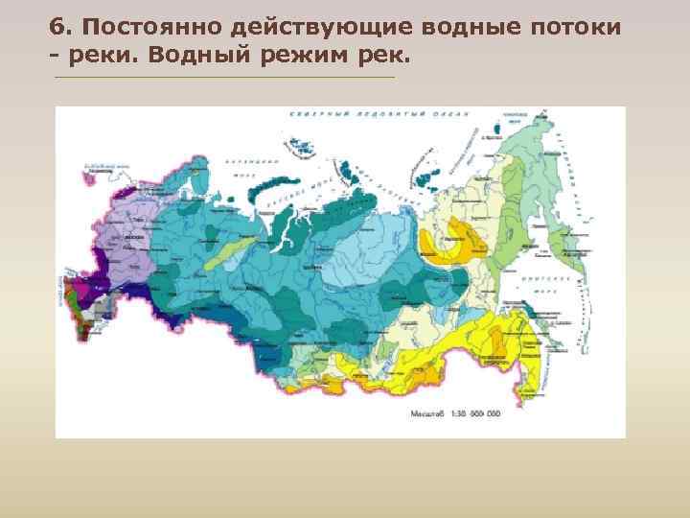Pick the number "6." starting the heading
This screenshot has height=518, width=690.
pos(61,27)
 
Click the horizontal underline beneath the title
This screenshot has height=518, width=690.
pos(224,77)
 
